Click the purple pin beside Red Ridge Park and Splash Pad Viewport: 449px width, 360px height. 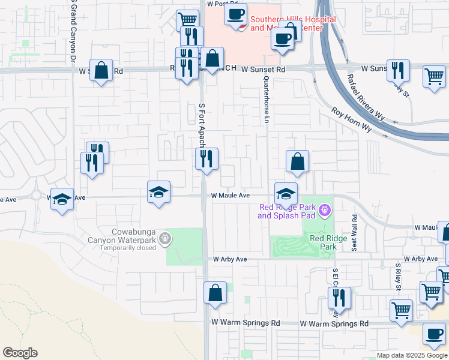325,210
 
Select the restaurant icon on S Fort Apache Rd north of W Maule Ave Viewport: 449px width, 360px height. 206,159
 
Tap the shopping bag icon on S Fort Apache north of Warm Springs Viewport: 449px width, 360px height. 215,293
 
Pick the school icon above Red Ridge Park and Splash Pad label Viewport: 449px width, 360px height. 286,194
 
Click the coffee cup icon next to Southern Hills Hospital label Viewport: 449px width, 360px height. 236,14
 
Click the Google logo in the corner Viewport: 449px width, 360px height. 20,353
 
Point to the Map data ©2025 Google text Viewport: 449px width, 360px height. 412,355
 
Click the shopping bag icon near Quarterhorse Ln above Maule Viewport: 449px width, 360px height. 297,161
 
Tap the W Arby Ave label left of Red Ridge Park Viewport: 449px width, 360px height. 230,259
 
